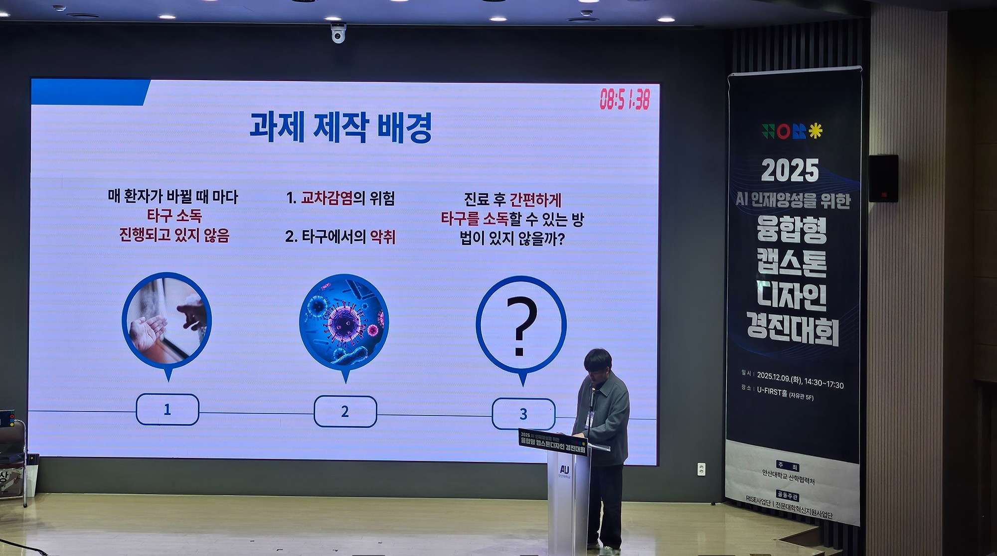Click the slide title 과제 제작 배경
point(340,128)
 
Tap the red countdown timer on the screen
point(625,100)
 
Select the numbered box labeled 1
point(167,410)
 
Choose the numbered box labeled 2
point(345,412)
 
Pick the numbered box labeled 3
point(523,414)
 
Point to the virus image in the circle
point(344,322)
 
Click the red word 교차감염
point(327,198)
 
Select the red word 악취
point(383,237)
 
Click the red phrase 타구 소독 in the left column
point(174,216)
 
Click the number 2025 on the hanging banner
point(790,171)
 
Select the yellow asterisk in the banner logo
point(816,131)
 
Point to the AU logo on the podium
point(564,469)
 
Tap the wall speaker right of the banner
point(883,178)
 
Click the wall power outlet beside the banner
point(701,469)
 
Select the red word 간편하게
point(535,200)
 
